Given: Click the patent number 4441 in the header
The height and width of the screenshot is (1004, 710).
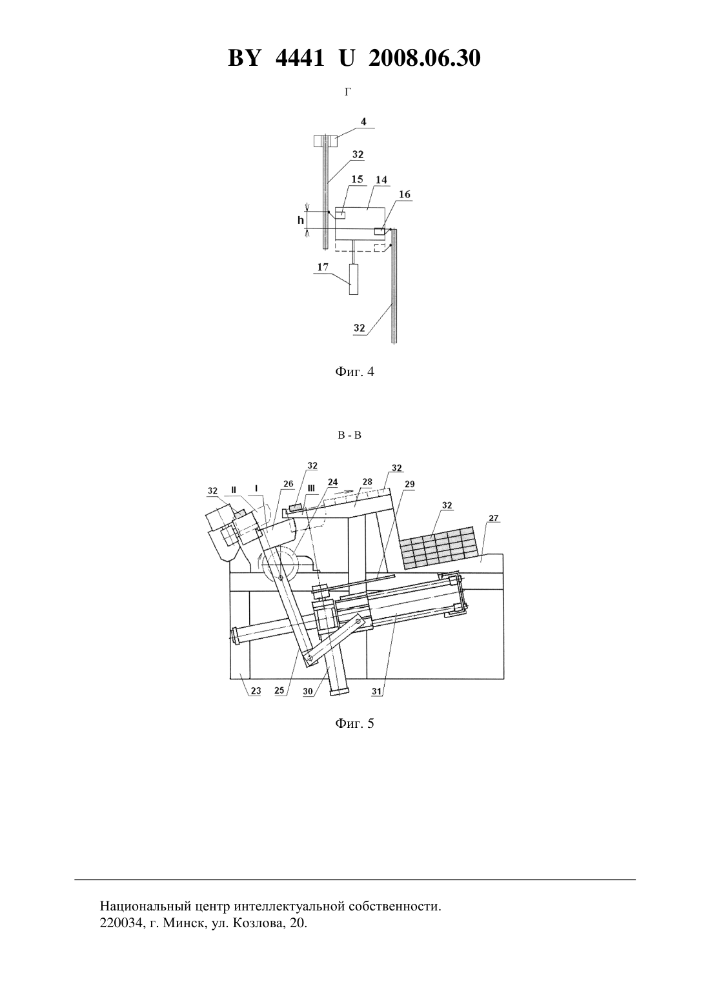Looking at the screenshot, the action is [x=299, y=58].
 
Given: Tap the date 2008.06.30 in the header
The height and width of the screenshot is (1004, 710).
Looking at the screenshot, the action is [x=425, y=58].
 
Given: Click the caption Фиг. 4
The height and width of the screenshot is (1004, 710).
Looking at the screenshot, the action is [x=354, y=372].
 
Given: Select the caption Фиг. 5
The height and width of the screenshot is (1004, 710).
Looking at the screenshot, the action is [x=354, y=723].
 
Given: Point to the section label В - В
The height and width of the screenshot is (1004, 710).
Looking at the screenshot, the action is [x=350, y=435].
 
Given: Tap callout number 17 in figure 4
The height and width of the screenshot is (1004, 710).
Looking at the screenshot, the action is [x=323, y=267].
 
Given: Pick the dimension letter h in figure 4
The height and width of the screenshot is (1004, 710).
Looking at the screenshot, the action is [x=301, y=220].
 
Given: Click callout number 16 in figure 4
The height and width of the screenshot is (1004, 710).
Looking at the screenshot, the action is [x=404, y=194].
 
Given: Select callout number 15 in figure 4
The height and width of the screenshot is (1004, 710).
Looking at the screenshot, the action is [x=357, y=179].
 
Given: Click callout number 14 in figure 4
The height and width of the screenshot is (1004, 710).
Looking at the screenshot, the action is [x=381, y=179].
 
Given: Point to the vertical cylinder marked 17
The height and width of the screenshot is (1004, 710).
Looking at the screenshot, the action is [x=354, y=279].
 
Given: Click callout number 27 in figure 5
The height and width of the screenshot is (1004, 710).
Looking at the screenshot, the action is [x=494, y=519].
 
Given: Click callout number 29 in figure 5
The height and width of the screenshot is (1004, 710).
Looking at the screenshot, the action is [x=409, y=484].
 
